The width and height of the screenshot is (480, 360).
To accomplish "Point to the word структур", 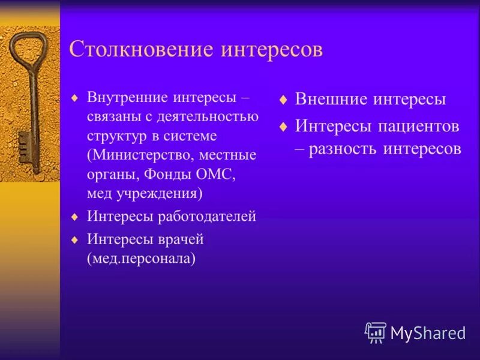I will pyautogui.click(x=114, y=136).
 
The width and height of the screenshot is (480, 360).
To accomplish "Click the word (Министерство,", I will pyautogui.click(x=140, y=155).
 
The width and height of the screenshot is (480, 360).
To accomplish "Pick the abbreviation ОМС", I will pyautogui.click(x=215, y=174).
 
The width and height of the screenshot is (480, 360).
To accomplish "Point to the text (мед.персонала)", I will pyautogui.click(x=142, y=259).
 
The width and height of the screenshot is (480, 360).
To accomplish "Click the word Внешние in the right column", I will pyautogui.click(x=331, y=100).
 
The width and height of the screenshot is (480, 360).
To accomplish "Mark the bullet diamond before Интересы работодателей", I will pyautogui.click(x=74, y=217).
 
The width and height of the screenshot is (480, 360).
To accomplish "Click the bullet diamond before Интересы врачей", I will pyautogui.click(x=74, y=239).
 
